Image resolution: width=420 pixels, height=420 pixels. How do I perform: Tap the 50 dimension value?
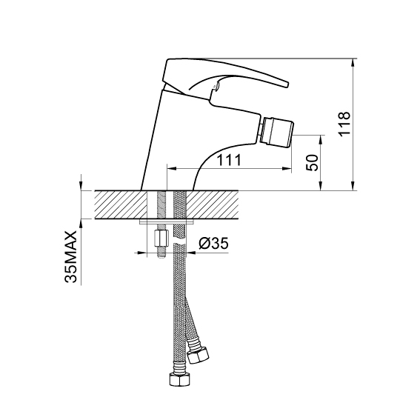coord(313,162)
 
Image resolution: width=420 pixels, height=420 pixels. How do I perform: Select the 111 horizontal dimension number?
coord(229,160)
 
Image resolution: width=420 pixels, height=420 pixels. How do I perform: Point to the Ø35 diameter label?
coord(213,243)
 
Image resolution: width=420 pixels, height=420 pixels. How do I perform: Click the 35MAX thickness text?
coord(70,257)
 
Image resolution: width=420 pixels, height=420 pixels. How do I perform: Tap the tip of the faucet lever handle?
coord(287,84)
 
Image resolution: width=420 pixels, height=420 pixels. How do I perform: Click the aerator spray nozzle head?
coord(279,130)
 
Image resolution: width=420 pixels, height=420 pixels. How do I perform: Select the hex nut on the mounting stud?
coord(161,239)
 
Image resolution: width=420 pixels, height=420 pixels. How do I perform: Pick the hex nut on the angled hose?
coord(199,355)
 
